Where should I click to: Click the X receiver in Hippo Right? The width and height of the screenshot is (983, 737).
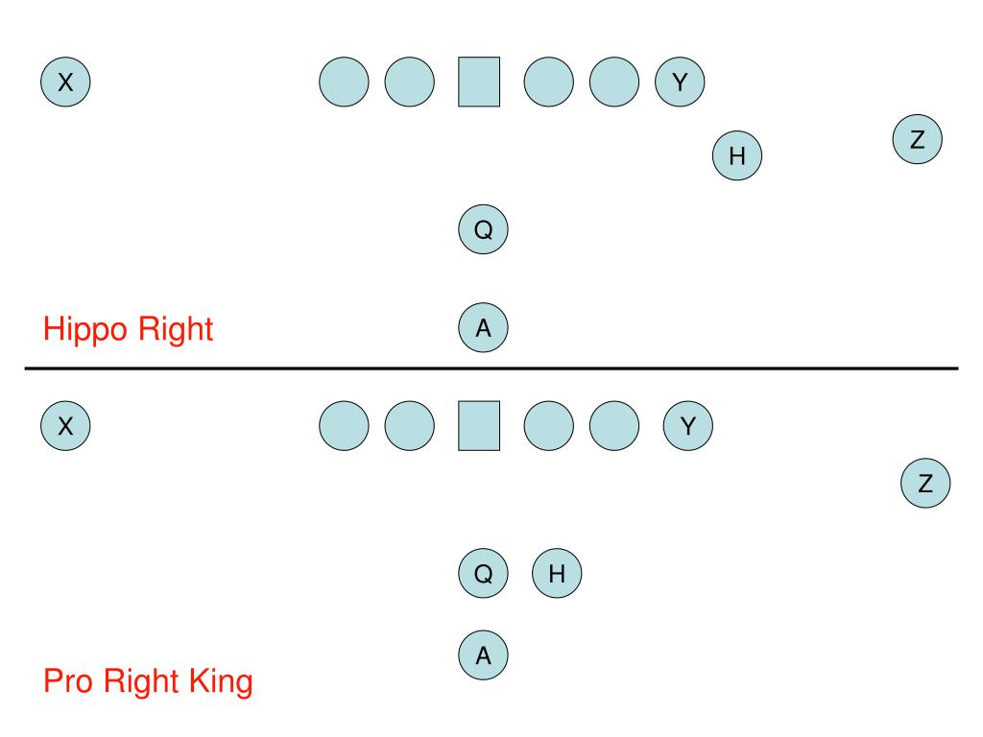click(65, 82)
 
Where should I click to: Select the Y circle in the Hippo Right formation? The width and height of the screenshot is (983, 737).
click(680, 82)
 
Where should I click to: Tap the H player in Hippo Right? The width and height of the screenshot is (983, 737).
click(737, 155)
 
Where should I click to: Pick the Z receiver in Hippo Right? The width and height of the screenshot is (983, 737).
click(917, 140)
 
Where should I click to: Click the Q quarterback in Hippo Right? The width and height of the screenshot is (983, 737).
click(484, 229)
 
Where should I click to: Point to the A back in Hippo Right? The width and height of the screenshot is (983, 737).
click(484, 327)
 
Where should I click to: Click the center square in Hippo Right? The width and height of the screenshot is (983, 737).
click(479, 82)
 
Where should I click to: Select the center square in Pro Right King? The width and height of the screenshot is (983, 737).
click(479, 425)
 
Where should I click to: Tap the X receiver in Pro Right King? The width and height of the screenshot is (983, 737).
click(65, 425)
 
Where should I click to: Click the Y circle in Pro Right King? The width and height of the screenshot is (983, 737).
click(687, 425)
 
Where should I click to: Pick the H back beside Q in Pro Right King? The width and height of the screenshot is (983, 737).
click(557, 574)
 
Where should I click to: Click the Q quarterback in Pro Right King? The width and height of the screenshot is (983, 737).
click(484, 574)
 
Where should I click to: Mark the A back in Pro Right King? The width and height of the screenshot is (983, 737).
click(484, 655)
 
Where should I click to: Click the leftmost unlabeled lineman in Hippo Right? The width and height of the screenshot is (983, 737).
click(343, 82)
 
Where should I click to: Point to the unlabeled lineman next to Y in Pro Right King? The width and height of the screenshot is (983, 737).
click(614, 425)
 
